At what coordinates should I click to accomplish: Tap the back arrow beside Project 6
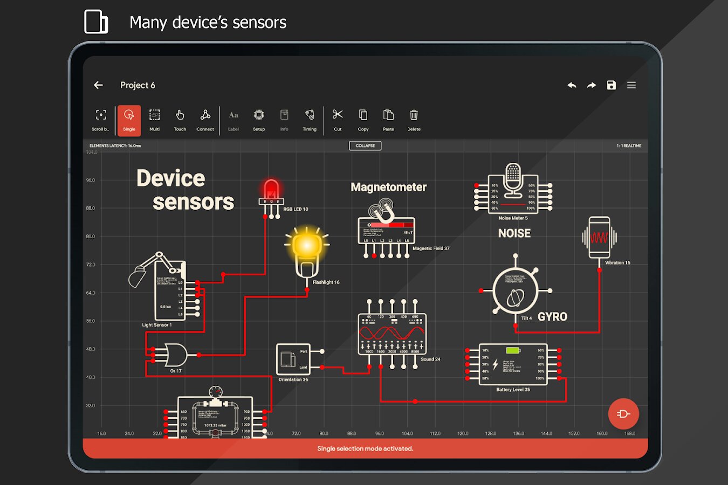98,85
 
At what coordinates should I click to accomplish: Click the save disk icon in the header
611,85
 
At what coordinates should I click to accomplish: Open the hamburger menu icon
631,85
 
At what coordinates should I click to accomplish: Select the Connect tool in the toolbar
205,120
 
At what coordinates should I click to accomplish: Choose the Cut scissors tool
338,120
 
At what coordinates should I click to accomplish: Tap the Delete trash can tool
414,120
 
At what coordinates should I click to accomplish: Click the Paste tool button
388,120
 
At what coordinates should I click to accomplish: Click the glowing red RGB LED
271,190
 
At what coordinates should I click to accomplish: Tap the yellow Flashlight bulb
307,246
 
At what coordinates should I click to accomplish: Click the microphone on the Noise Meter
513,179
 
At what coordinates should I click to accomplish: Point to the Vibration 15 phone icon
599,237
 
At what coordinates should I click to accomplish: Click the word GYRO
552,317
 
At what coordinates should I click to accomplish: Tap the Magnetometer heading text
388,187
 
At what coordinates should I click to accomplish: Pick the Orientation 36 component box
293,359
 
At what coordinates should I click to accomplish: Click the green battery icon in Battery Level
513,351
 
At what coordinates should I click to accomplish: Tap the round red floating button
623,414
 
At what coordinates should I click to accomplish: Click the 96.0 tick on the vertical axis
91,181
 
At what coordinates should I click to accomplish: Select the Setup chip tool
259,120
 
